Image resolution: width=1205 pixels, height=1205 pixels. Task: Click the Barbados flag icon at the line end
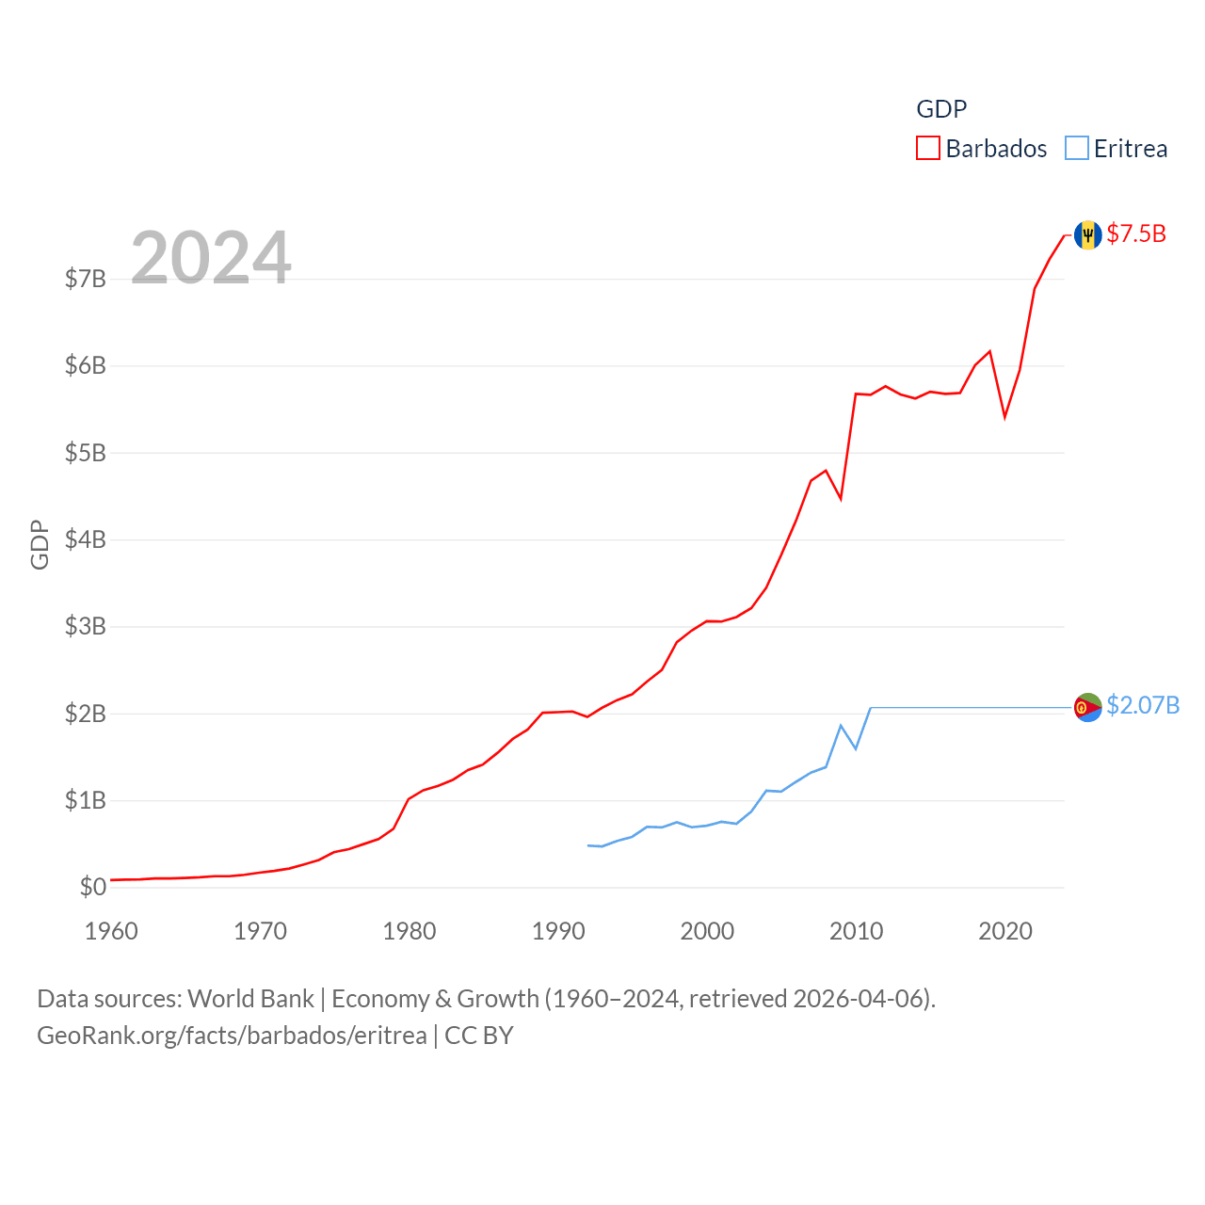[x=1088, y=234]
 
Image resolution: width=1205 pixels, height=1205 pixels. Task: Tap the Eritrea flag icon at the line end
[x=1088, y=707]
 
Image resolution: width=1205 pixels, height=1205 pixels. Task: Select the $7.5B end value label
[x=1136, y=233]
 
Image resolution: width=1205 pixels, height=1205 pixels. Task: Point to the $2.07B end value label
[x=1143, y=705]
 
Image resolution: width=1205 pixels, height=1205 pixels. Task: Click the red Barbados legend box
[x=928, y=149]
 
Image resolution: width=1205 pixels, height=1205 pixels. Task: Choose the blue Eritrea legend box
[x=1077, y=149]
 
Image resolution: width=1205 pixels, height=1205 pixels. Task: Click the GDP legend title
[x=941, y=109]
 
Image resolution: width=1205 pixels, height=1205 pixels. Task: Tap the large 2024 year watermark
[x=211, y=258]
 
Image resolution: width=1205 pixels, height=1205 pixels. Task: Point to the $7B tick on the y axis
[x=85, y=279]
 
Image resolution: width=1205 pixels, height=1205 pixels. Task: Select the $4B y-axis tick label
[x=85, y=539]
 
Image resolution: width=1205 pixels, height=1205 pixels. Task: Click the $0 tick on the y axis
[x=92, y=887]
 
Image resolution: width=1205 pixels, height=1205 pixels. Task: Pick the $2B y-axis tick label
[x=85, y=714]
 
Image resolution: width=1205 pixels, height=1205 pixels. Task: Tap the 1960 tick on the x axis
[x=111, y=931]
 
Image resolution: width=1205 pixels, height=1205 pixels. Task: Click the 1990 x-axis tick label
[x=558, y=931]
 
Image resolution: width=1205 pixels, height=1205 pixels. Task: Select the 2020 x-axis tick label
[x=1005, y=931]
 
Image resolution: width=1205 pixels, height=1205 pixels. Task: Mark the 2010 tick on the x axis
[x=856, y=931]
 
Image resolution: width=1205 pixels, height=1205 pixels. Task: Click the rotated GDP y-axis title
[x=40, y=544]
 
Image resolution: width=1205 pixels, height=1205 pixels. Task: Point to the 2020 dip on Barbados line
[x=1004, y=416]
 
